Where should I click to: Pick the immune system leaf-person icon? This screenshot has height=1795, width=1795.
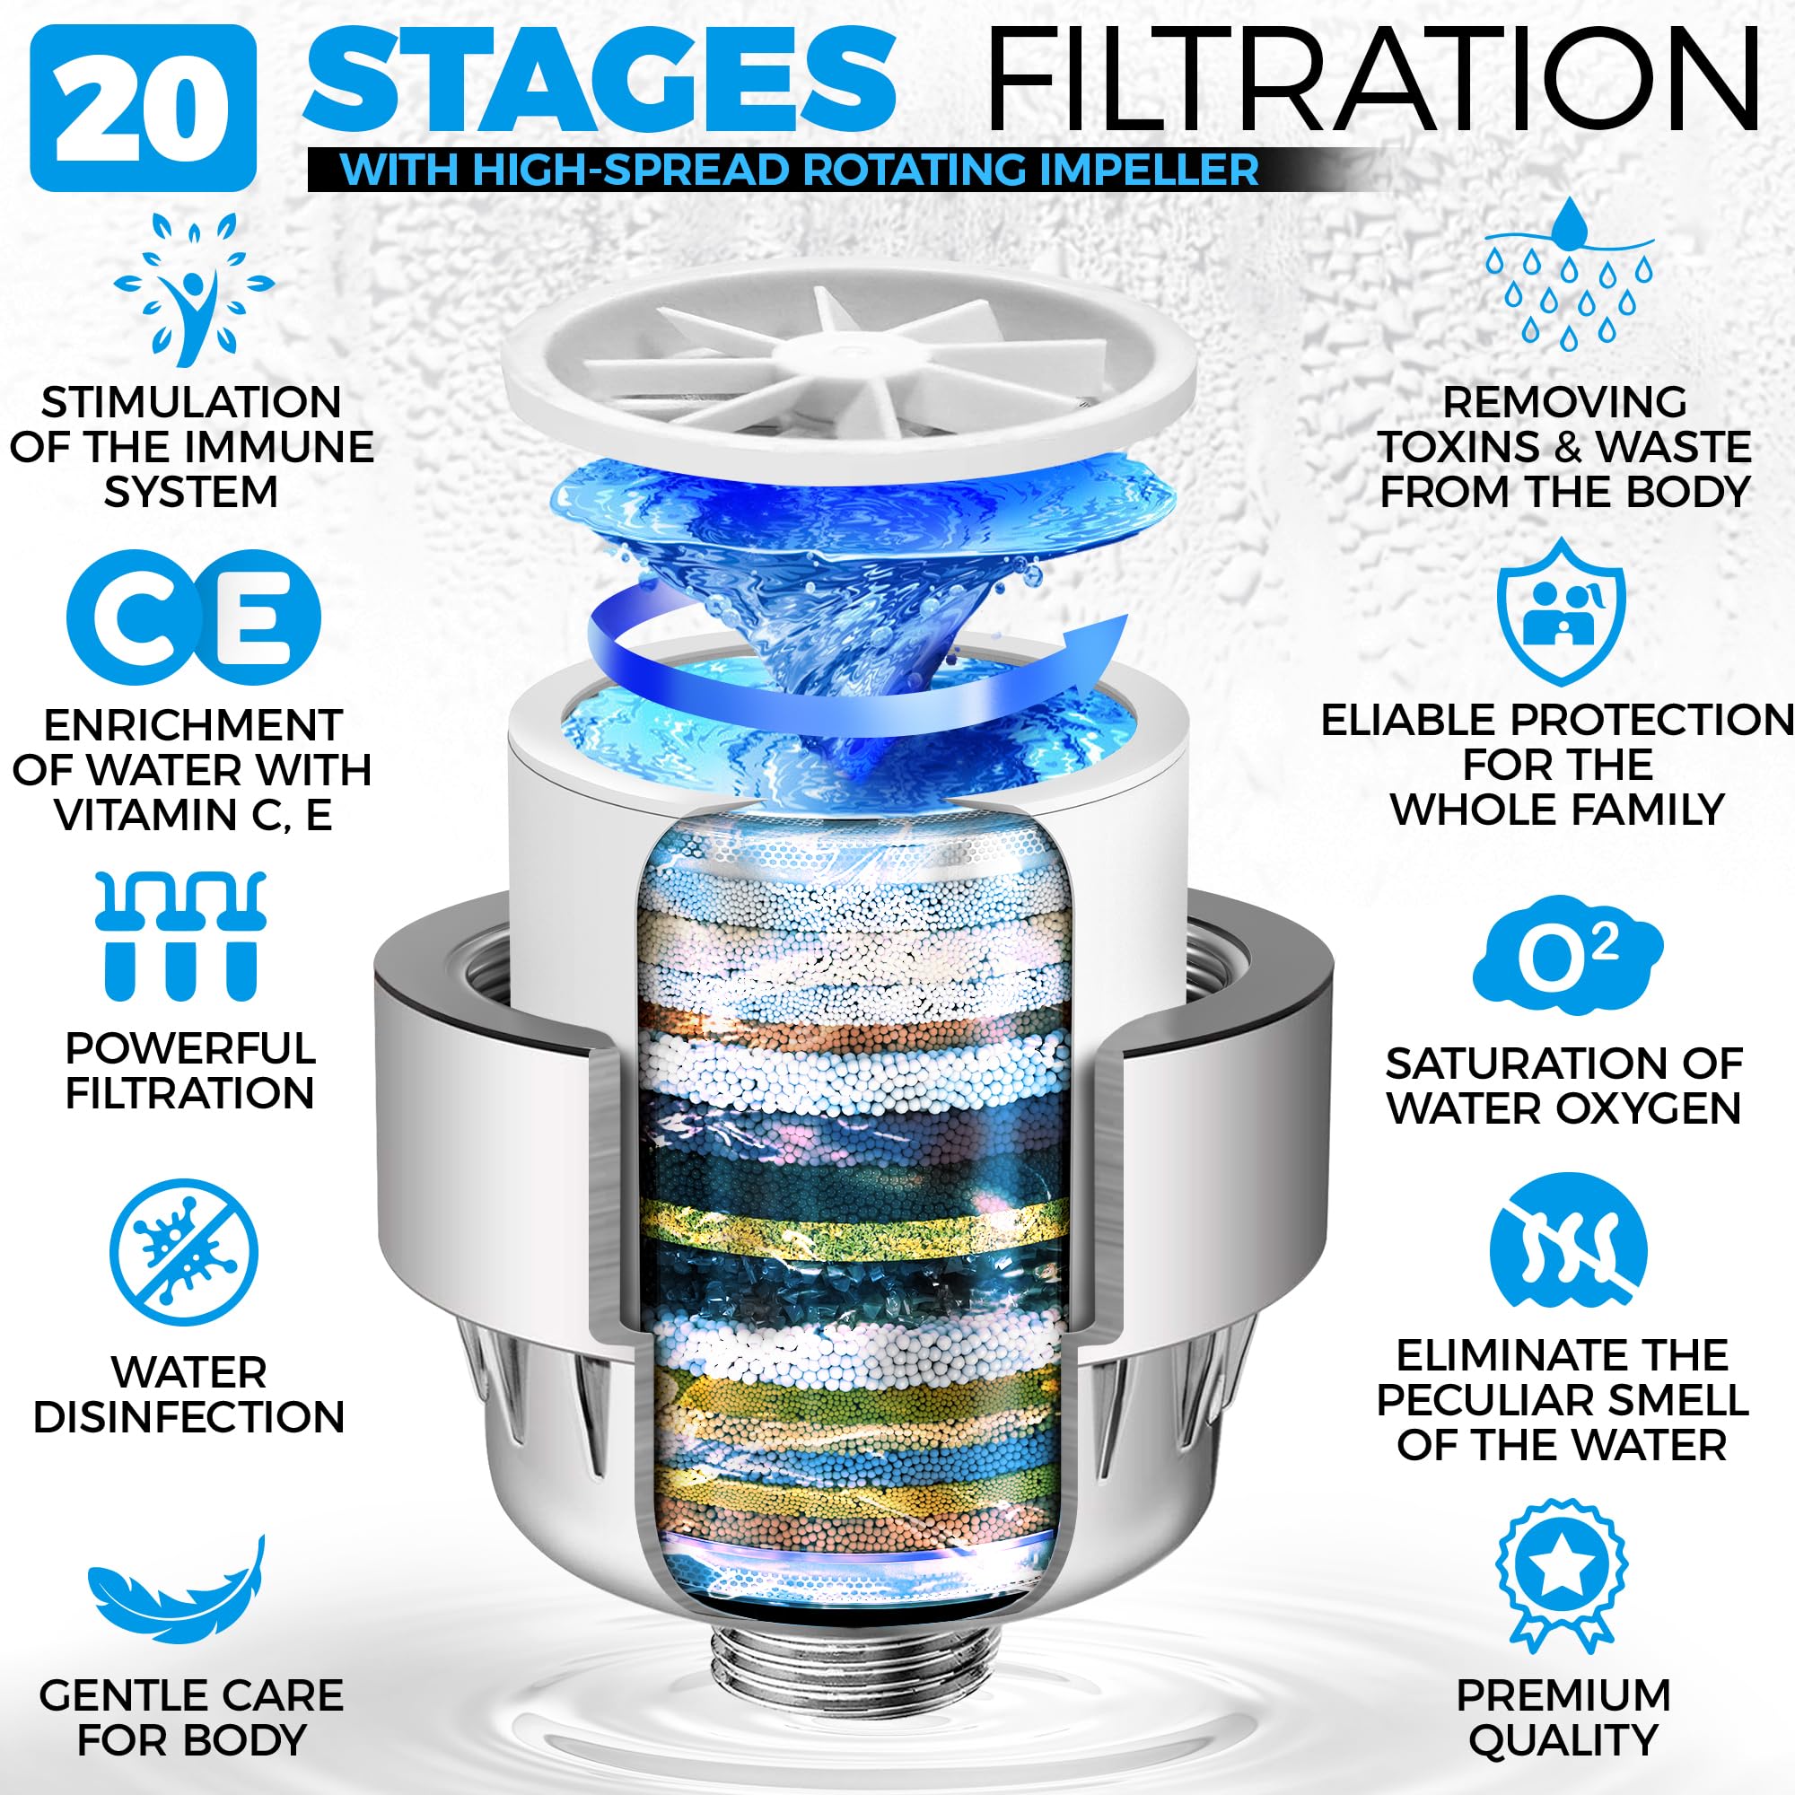[x=193, y=291]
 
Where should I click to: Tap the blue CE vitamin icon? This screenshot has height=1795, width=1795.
[x=193, y=617]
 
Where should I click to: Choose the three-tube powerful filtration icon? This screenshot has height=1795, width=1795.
[x=183, y=936]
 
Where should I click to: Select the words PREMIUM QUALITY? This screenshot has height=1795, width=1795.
[x=1563, y=1718]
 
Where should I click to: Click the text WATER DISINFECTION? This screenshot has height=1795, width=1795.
[x=188, y=1395]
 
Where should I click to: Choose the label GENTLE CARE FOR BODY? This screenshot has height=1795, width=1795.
[x=191, y=1718]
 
